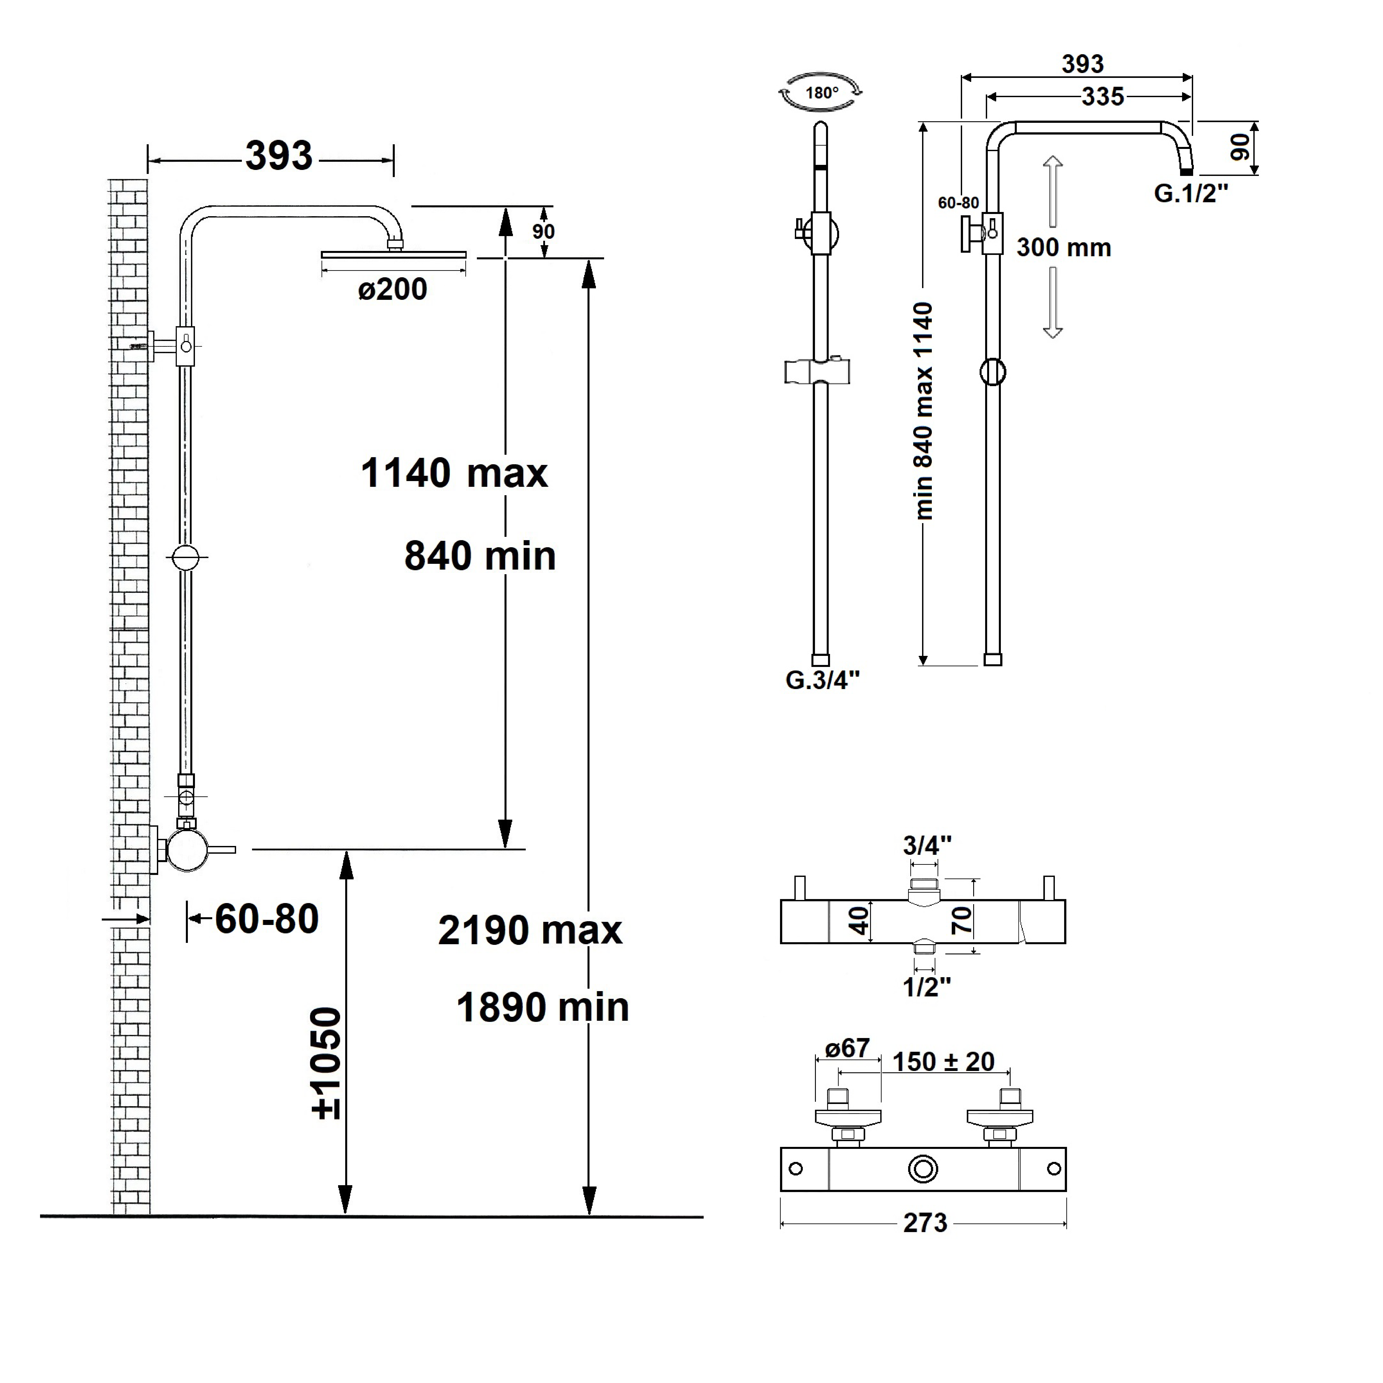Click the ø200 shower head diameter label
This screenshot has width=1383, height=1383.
(x=392, y=289)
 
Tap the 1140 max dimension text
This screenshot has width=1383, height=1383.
(x=454, y=473)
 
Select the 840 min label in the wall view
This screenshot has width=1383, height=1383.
(x=480, y=556)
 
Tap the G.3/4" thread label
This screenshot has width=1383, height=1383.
(x=822, y=680)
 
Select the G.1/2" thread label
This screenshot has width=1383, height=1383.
(x=1191, y=193)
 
